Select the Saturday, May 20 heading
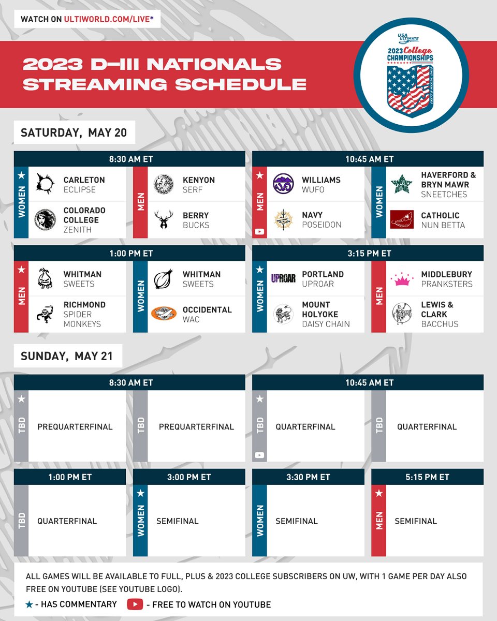pos(74,133)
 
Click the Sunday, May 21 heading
pos(68,356)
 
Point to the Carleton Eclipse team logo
pos(45,184)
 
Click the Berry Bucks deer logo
pos(164,219)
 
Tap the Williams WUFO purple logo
pos(283,184)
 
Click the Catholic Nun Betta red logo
pos(401,219)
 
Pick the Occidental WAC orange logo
pos(164,314)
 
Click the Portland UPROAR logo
pos(283,278)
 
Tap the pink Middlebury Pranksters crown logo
pos(401,279)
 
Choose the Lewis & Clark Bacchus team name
pos(434,314)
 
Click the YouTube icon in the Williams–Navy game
pos(259,231)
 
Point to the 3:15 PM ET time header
pos(368,253)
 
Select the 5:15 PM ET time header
pos(427,477)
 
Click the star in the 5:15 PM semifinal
pos(378,494)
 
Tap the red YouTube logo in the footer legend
pos(135,604)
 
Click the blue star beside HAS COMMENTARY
pos(30,604)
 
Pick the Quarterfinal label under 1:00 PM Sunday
pos(67,521)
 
